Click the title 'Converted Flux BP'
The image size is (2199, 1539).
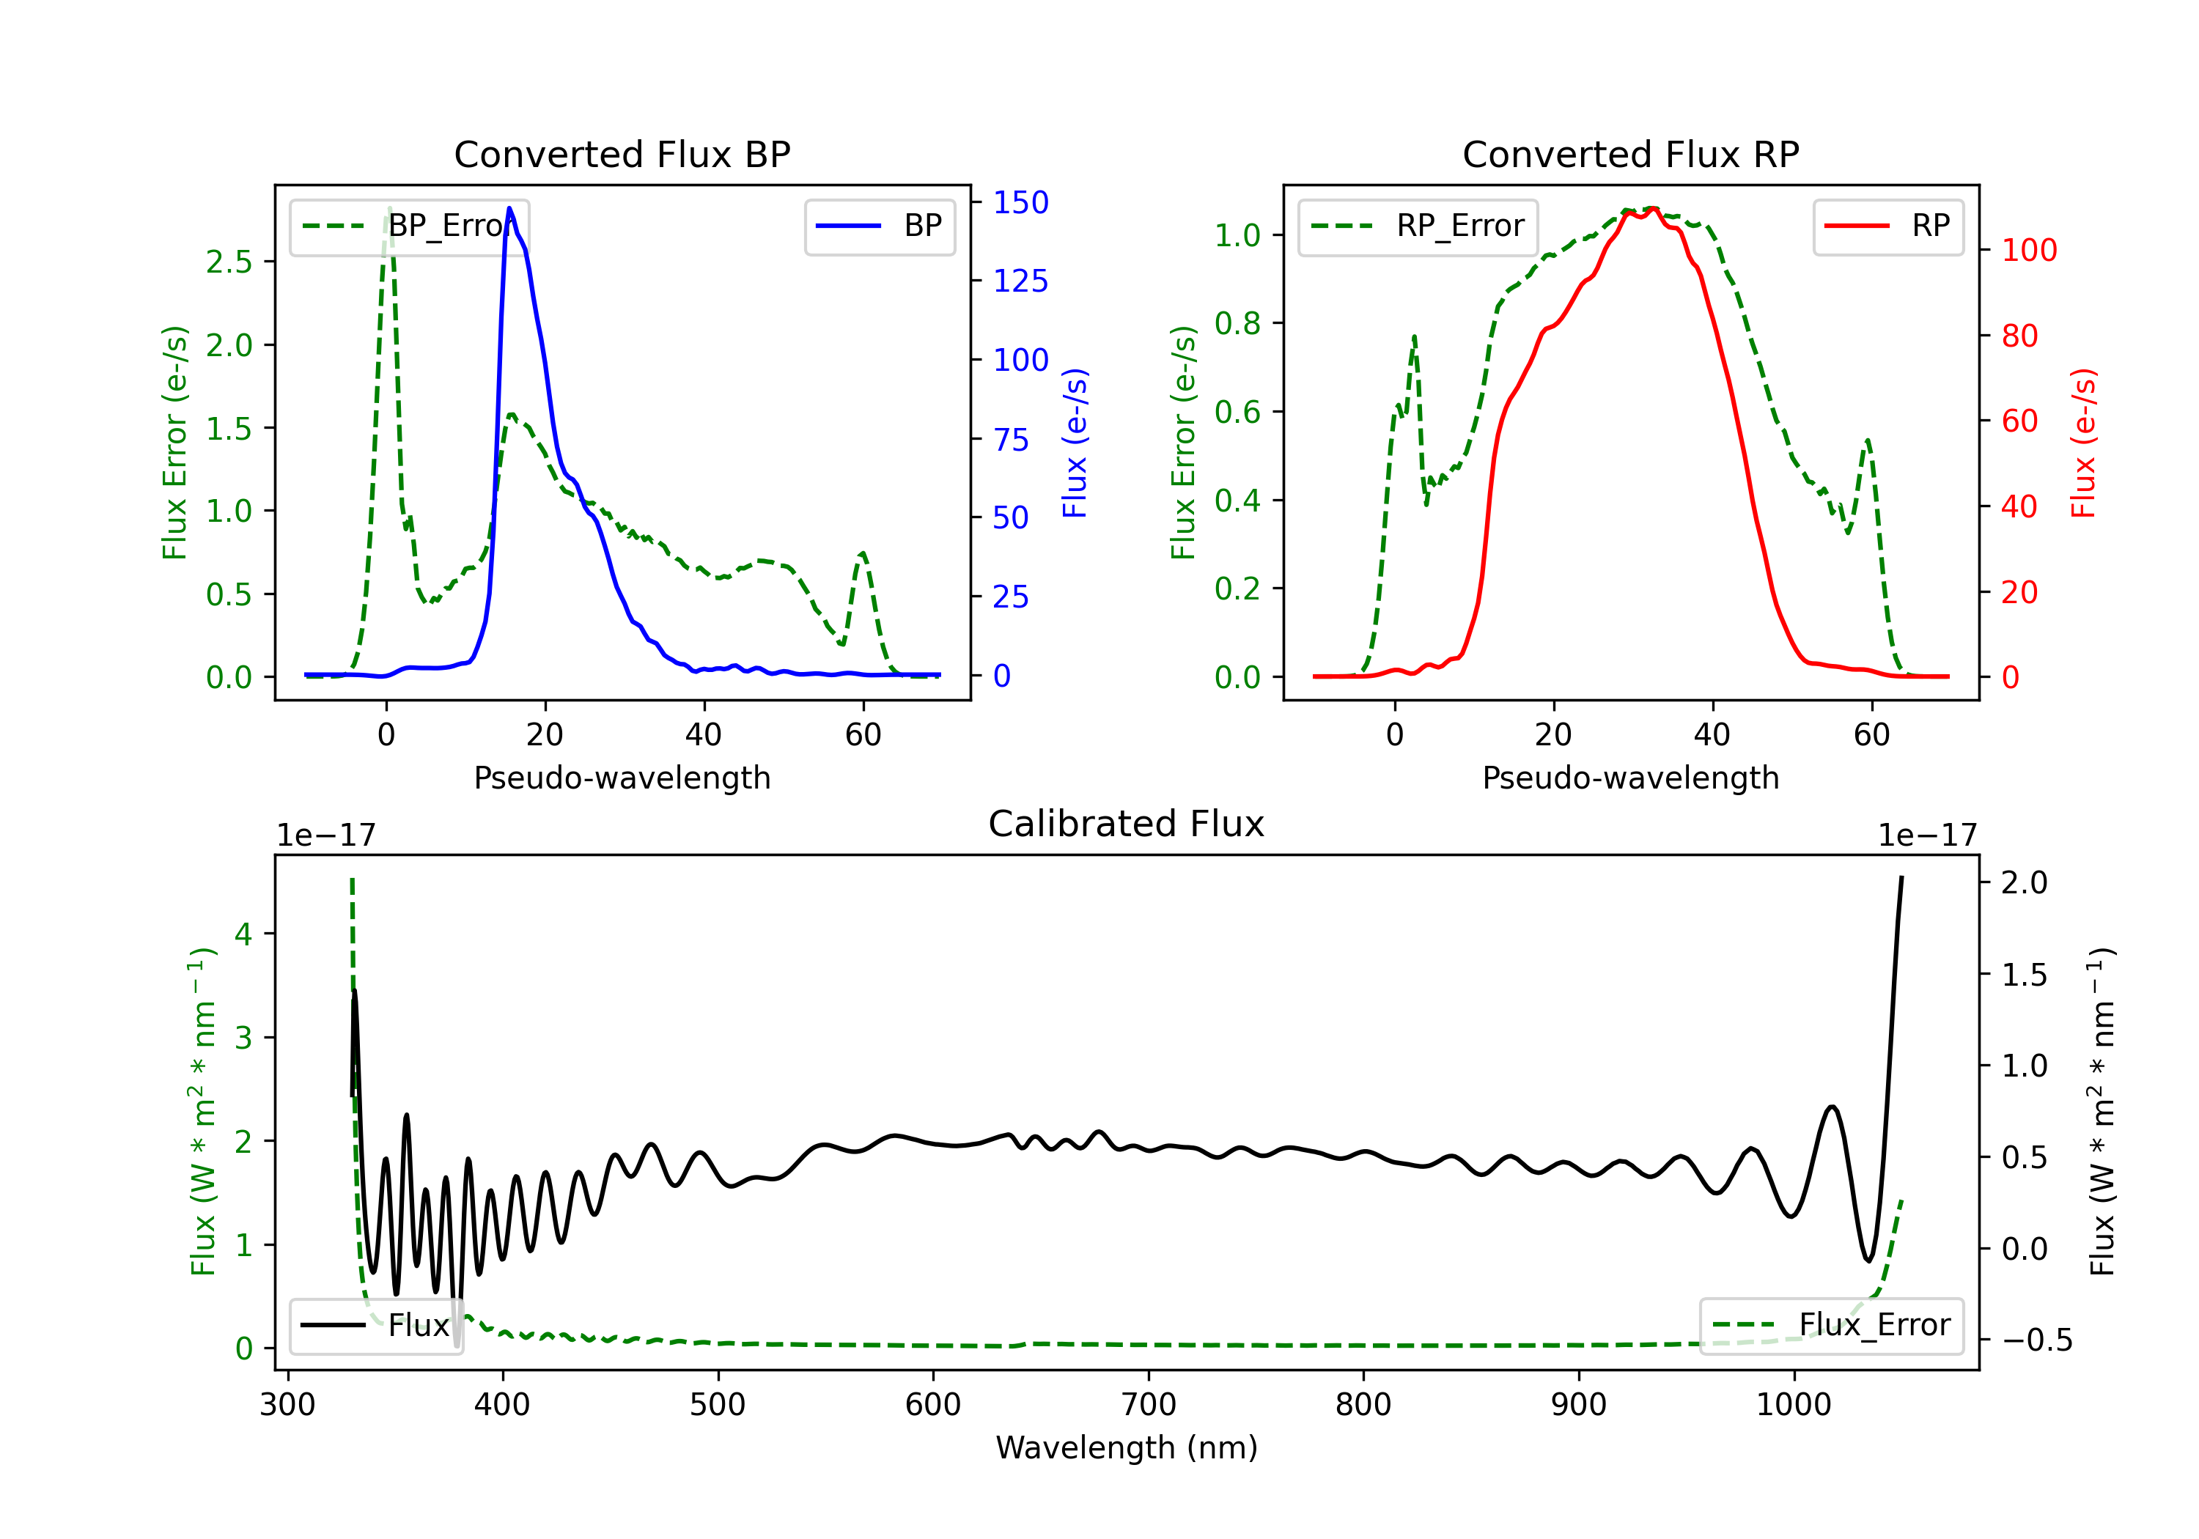click(622, 154)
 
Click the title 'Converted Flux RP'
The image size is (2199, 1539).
click(1630, 154)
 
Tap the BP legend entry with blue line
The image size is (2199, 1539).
click(879, 226)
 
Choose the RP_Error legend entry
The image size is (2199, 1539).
click(1418, 226)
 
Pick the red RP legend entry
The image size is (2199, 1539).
click(1887, 226)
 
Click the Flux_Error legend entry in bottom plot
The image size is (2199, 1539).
click(1830, 1326)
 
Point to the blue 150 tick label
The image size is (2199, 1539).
click(1020, 203)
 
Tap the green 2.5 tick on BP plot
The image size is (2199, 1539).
click(229, 262)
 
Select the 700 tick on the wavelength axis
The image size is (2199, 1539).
click(1147, 1405)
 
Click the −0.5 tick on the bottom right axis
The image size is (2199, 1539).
click(2036, 1340)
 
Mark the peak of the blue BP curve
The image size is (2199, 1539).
click(509, 208)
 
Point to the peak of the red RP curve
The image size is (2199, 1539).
click(1653, 209)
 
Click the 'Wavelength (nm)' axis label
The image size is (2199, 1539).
click(1127, 1448)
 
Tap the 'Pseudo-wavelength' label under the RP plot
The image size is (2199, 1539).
click(1630, 778)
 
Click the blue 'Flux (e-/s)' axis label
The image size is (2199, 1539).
click(1075, 443)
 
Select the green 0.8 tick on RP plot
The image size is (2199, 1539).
click(1237, 324)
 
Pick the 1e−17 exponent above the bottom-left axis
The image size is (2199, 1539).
click(325, 836)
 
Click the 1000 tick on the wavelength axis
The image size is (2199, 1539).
click(1793, 1405)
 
